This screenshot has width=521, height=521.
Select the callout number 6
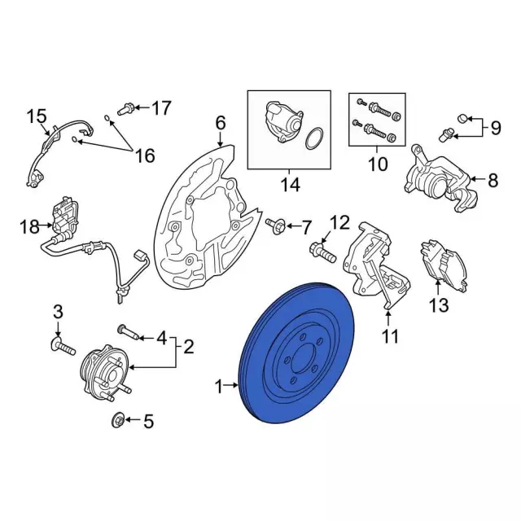point(220,124)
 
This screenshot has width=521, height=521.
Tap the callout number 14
point(290,186)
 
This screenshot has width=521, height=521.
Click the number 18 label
point(28,227)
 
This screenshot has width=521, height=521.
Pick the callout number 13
point(439,305)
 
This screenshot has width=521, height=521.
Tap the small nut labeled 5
point(117,420)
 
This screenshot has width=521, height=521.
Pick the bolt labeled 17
point(125,107)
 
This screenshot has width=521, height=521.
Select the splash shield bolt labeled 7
point(274,224)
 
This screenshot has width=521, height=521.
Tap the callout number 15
point(36,116)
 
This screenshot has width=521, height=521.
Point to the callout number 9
point(494,127)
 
